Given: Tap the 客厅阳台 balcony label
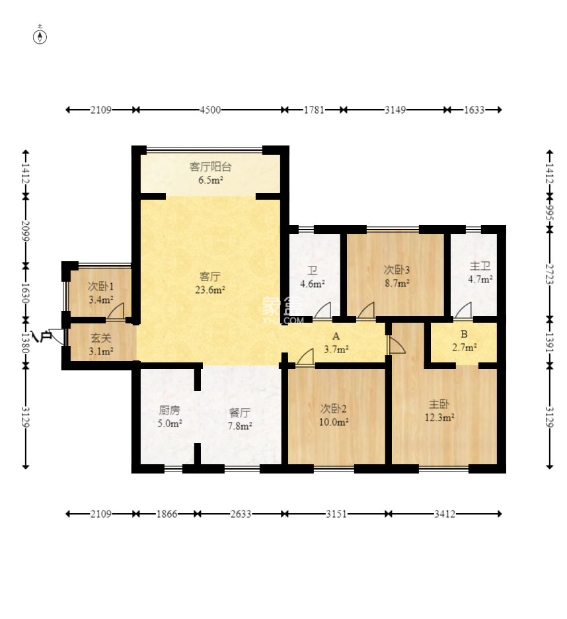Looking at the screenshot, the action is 210,167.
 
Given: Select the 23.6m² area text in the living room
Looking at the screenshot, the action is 210,290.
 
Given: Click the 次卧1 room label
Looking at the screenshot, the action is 100,286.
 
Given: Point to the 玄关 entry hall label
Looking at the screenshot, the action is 100,338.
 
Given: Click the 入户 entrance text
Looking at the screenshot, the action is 42,337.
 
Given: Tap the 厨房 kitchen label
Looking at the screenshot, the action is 170,410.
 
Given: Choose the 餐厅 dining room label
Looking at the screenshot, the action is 239,413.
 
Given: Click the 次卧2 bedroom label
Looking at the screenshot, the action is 334,409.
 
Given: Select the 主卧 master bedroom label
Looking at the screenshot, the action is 439,404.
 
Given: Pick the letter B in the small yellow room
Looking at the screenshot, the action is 464,334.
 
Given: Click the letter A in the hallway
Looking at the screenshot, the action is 336,336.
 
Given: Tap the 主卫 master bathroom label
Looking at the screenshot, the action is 480,266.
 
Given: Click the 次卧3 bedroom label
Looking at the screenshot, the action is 397,270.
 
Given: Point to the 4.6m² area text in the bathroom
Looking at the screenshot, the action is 313,284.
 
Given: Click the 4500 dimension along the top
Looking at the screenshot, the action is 210,110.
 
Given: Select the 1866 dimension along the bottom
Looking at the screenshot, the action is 167,514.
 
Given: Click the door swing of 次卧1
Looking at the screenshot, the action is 116,310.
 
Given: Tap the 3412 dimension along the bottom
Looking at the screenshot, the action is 445,514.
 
